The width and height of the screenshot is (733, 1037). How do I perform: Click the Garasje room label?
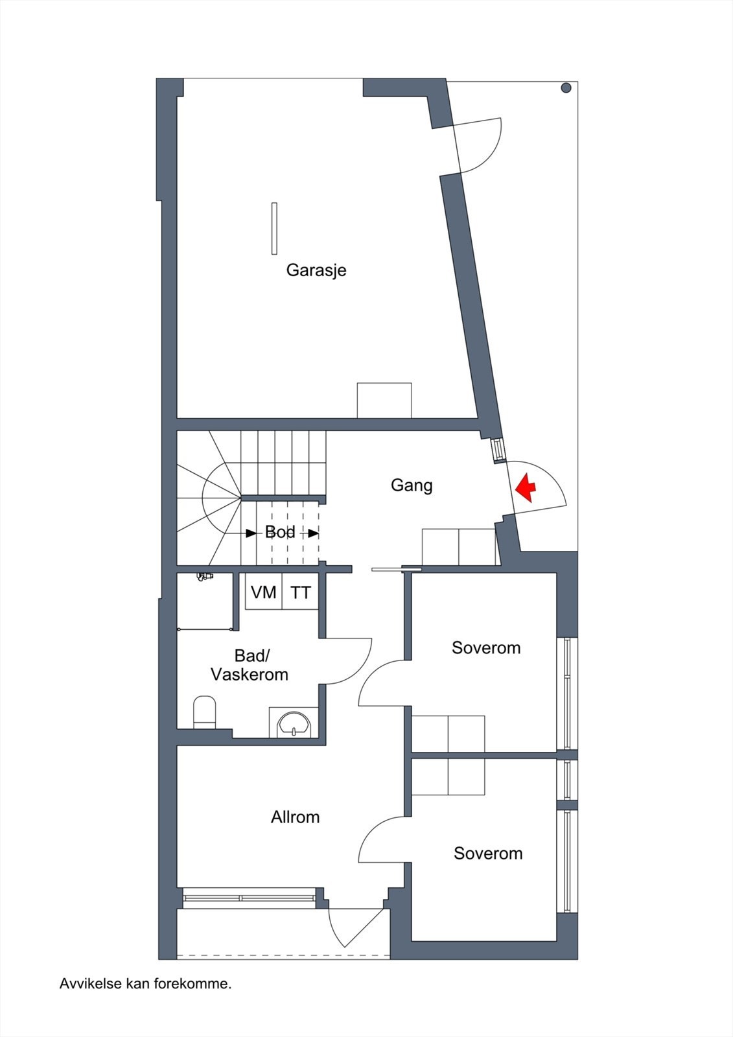point(316,270)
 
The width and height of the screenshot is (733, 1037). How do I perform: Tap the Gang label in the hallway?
point(412,485)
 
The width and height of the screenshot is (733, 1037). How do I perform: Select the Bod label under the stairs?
point(280,532)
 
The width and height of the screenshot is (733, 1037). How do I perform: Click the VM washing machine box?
point(264,592)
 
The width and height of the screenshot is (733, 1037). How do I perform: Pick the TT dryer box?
point(300,592)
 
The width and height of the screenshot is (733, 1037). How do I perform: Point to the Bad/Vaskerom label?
point(250,665)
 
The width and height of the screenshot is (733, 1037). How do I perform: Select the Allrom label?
point(296,817)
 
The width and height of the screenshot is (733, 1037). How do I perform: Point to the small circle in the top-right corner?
point(566,87)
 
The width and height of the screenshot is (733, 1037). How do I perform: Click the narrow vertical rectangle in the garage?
point(274,228)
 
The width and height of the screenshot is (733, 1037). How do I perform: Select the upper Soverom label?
point(486,647)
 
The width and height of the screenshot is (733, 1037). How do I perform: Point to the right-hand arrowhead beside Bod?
point(314,533)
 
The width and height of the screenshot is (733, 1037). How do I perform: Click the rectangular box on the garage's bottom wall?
point(384,401)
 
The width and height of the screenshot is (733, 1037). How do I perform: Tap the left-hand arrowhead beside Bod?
point(251,533)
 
